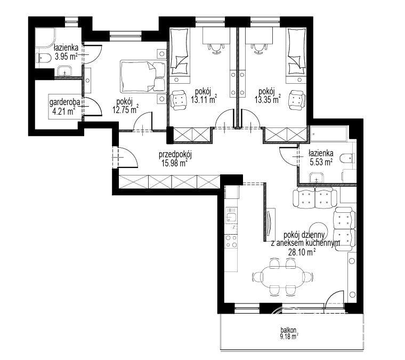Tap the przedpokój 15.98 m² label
[x=175, y=159]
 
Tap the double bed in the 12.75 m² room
[x=143, y=76]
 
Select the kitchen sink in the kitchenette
[x=231, y=215]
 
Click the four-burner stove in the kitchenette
[x=231, y=242]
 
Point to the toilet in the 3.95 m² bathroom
[x=43, y=58]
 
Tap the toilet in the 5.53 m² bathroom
[x=347, y=158]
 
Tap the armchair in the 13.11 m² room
[x=178, y=100]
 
